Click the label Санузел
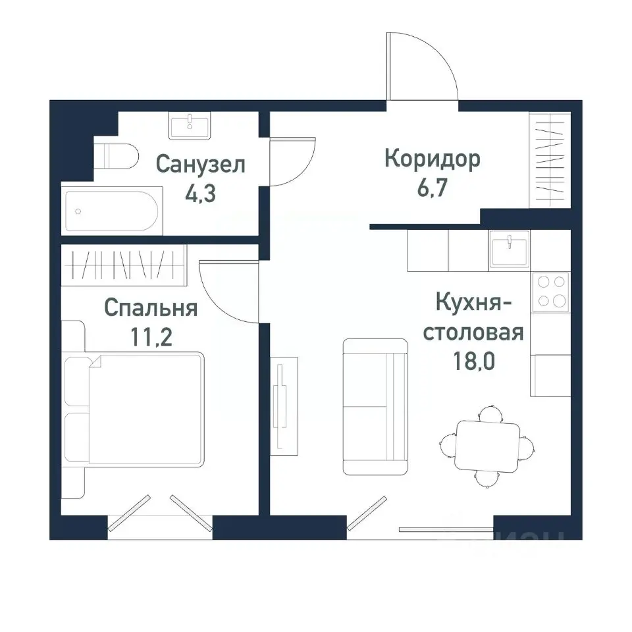coord(201,164)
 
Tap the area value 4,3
coord(201,196)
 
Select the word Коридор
coord(433,159)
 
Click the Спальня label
coord(151,307)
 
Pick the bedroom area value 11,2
coord(151,338)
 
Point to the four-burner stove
coord(550,290)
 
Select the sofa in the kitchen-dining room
coord(375,406)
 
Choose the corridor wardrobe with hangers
coord(550,160)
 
